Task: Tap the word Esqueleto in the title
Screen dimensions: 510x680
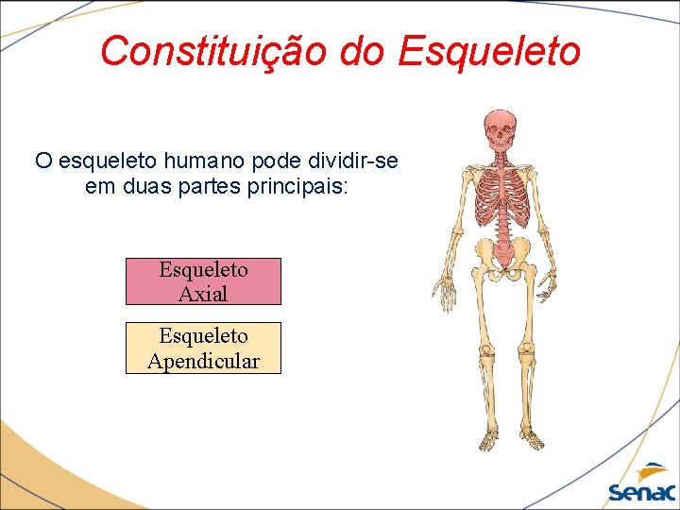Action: [x=488, y=51]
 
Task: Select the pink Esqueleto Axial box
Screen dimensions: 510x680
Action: [x=203, y=281]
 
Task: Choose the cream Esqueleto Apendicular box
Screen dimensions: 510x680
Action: [x=203, y=348]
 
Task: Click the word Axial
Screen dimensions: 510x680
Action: [x=203, y=294]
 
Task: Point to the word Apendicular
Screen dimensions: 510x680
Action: [x=203, y=361]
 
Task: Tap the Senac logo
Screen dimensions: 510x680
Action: [x=641, y=484]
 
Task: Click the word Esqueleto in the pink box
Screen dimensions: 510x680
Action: [x=203, y=269]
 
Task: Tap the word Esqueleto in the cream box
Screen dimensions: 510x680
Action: [x=203, y=335]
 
